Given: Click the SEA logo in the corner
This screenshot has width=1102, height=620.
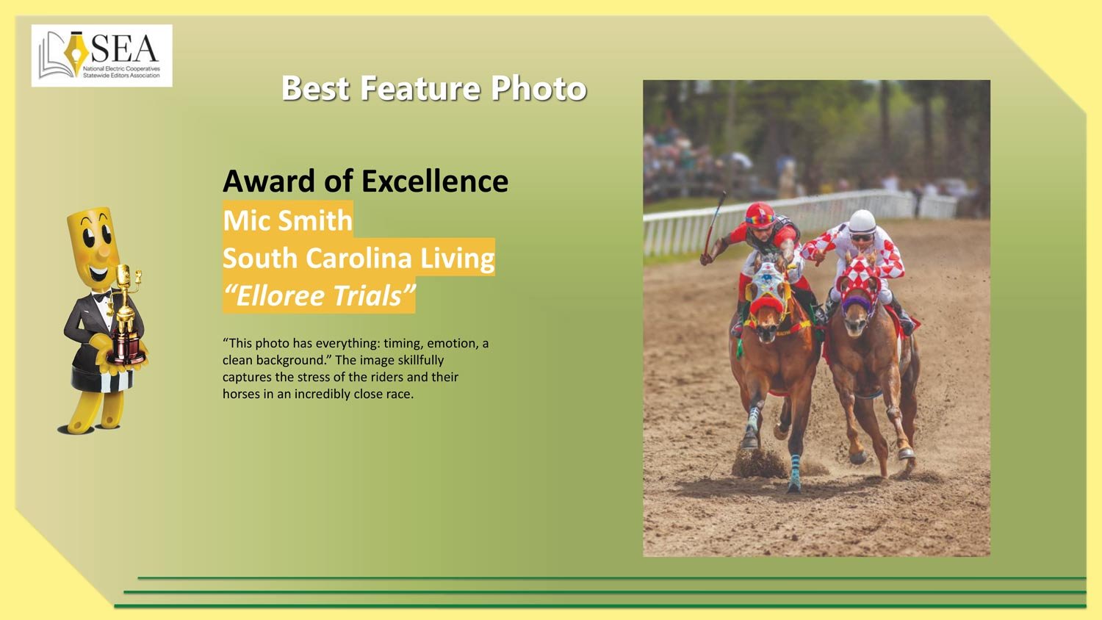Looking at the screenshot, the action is (102, 56).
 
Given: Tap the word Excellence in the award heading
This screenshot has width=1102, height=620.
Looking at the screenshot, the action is (435, 181).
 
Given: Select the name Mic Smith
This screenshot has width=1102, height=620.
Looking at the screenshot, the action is (288, 220).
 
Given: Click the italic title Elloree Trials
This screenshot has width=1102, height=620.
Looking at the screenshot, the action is (320, 296).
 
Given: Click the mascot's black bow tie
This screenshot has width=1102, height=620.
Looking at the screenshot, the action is (102, 297).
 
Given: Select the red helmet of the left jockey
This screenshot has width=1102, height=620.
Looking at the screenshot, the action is (760, 215).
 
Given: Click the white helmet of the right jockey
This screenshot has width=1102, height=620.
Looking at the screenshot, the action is (862, 221).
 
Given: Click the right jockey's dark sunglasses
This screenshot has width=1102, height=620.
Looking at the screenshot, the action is (862, 237).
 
